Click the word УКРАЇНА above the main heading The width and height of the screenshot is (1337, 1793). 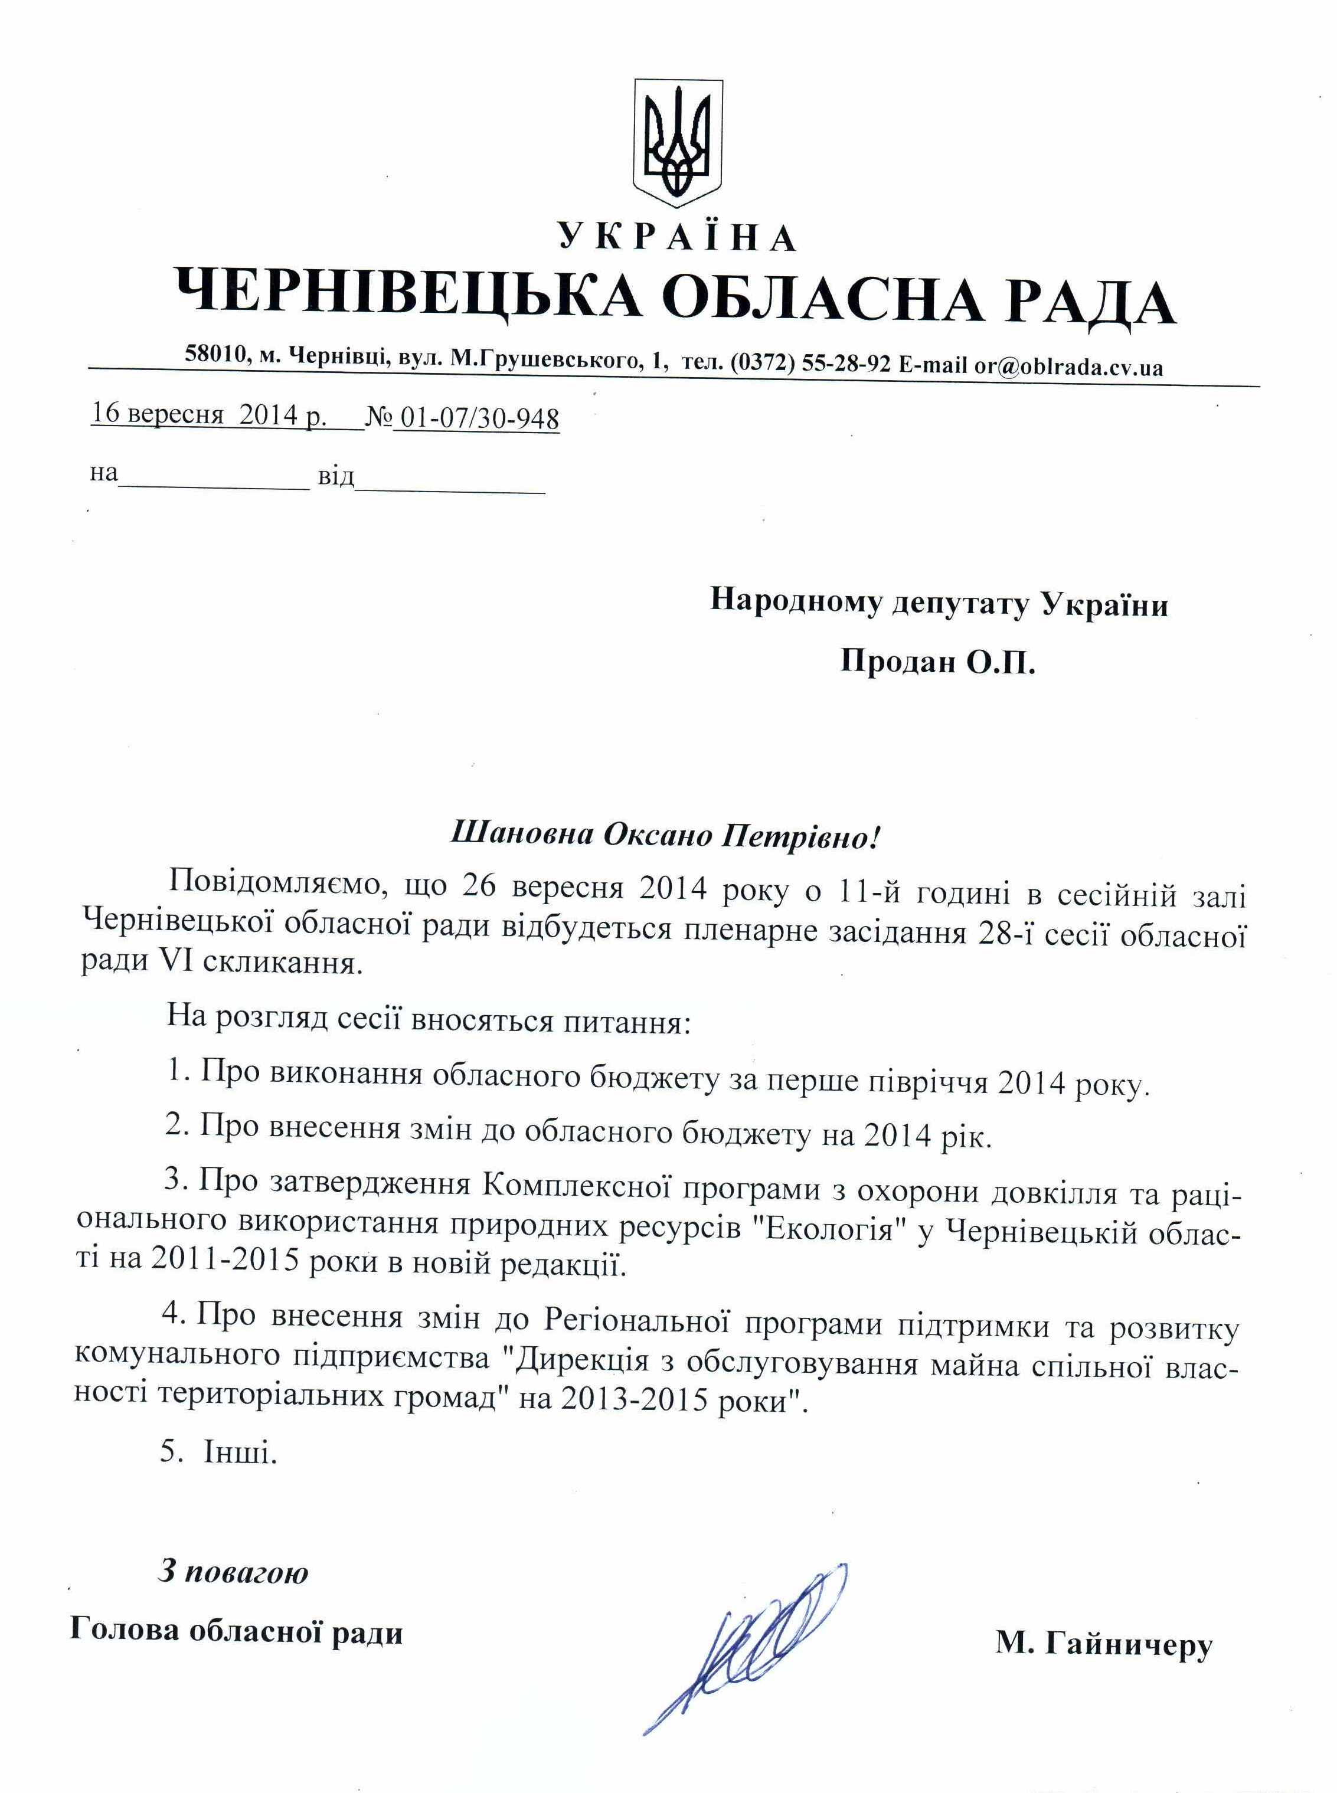coord(676,237)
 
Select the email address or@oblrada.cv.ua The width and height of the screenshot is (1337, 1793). coord(1068,367)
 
